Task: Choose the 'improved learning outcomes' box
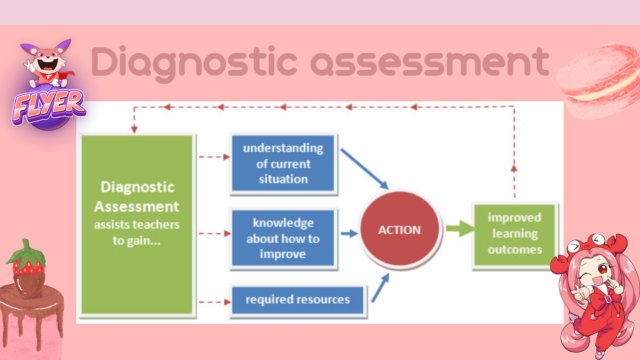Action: pyautogui.click(x=515, y=233)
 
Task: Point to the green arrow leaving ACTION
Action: pyautogui.click(x=460, y=230)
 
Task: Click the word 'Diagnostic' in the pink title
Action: pyautogui.click(x=180, y=63)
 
